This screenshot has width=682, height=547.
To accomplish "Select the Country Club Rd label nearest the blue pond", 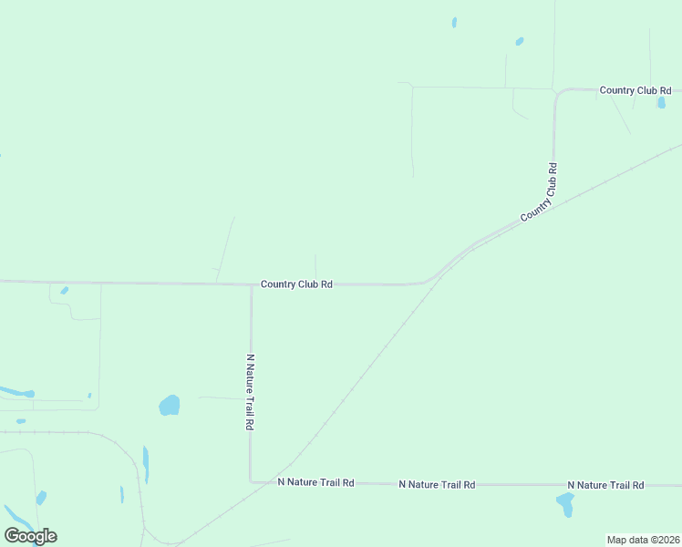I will tap(635, 90).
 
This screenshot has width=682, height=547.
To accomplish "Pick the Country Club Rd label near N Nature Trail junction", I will tap(296, 284).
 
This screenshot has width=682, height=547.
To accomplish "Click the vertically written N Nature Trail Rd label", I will tap(250, 392).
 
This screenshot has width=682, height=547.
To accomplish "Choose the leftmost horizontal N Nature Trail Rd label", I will tap(315, 482).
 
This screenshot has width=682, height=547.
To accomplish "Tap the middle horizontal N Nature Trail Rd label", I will tap(437, 484).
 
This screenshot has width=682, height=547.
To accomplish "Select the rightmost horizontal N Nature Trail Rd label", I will tap(605, 485).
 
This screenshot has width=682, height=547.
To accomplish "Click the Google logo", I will tap(30, 535).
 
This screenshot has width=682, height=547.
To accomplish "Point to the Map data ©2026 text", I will tap(643, 540).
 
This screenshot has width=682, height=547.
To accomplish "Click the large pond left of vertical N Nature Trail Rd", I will tap(170, 405).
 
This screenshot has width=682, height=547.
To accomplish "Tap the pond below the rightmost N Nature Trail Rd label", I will tap(565, 502).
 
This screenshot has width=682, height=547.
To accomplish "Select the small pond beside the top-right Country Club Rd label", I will tap(661, 103).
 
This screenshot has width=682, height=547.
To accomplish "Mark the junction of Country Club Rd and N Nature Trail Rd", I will tap(251, 284).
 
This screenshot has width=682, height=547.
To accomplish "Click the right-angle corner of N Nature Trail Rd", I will tap(251, 481).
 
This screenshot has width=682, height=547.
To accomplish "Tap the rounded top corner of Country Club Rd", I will tap(558, 92).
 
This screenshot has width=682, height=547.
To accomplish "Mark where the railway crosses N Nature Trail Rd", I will tap(271, 482).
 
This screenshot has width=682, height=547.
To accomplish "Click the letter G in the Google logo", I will tap(12, 535).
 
